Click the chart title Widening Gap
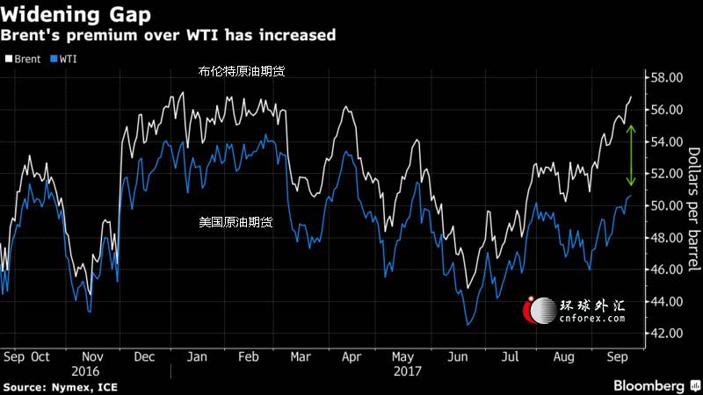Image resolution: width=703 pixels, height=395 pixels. coord(75,15)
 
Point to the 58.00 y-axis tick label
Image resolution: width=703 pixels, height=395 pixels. coord(666,78)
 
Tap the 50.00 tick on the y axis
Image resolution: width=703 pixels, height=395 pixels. coord(666,205)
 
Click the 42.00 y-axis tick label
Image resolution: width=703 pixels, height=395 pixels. coord(666,334)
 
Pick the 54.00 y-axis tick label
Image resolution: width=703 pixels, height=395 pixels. coord(666,142)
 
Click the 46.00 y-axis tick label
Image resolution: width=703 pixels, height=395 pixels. coord(666,269)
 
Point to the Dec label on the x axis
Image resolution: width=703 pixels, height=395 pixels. coord(144,357)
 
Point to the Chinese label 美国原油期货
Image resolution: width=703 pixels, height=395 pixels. coord(236,223)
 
